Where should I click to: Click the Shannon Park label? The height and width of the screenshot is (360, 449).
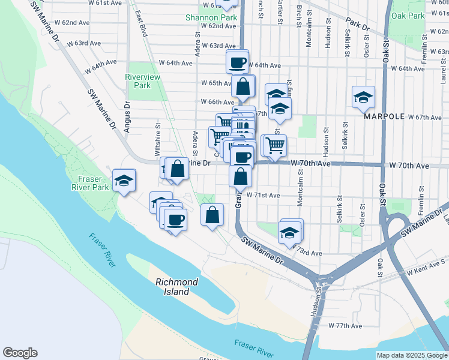211,17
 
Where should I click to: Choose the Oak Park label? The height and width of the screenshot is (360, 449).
408,16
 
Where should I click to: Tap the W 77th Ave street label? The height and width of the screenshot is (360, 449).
345,326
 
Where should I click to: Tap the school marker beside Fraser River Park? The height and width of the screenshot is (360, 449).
124,181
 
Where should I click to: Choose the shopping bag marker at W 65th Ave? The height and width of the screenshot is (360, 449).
243,87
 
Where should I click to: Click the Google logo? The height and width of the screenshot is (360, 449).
20,353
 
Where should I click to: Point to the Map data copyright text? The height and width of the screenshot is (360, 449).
412,355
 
